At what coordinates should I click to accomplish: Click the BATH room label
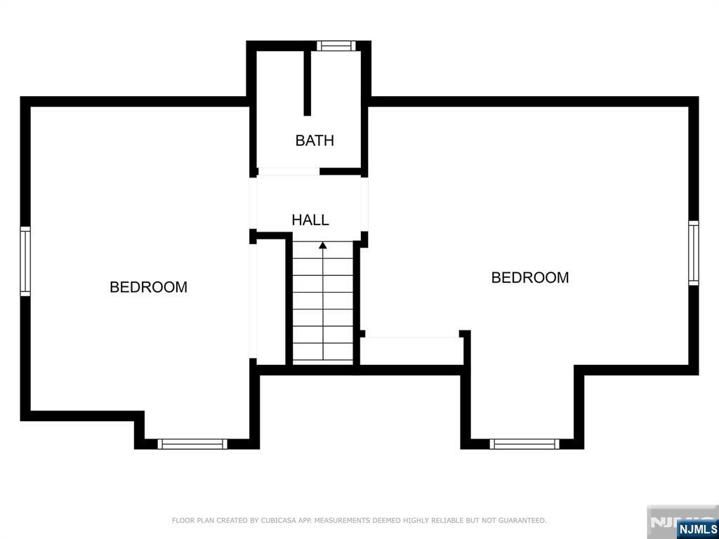coord(315,140)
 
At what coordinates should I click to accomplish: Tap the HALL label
coord(310,220)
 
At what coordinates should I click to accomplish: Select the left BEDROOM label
coord(149,287)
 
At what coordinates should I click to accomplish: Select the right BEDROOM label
coord(530,277)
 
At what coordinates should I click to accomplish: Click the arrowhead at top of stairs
coord(323,246)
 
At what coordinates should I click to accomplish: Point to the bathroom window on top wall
coord(336,46)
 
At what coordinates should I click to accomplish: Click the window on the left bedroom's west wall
coord(25,261)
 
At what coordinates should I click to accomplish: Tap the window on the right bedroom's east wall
coord(693,253)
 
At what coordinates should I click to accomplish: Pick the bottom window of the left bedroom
coord(192,444)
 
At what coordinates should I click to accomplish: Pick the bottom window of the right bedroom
coord(525,444)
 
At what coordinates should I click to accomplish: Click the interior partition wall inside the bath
coord(308,83)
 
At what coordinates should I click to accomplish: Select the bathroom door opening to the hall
coord(289,171)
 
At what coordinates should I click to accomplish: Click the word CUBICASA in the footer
coord(275,520)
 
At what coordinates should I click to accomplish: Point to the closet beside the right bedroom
coord(410,351)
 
